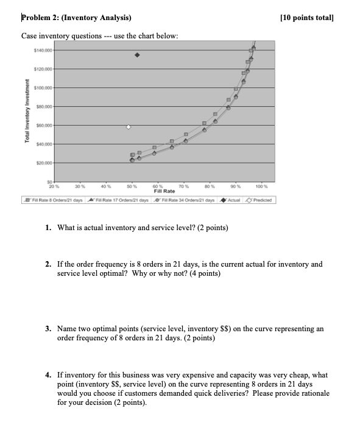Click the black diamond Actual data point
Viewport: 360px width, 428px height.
[138, 55]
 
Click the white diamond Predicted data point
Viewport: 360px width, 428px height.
[129, 127]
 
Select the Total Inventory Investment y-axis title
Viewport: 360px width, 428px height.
[27, 112]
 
